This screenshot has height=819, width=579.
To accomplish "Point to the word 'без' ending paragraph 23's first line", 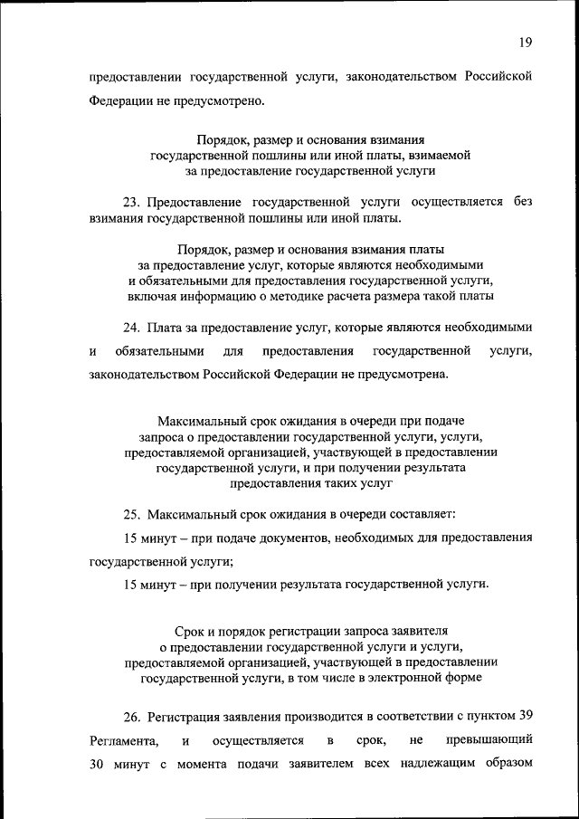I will click(x=522, y=201).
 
